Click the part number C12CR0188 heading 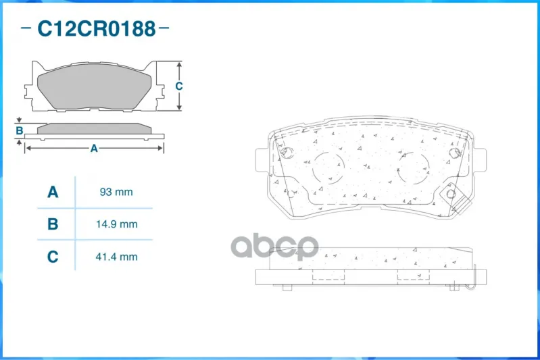coord(97,28)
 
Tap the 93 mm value coord(116,192)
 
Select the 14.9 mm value coord(117,224)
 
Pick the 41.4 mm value coord(117,257)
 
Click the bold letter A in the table coord(53,192)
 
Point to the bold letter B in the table coord(53,224)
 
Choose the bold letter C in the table coord(53,257)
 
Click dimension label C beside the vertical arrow coord(178,86)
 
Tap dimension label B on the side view coord(20,131)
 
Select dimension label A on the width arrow coord(94,149)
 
